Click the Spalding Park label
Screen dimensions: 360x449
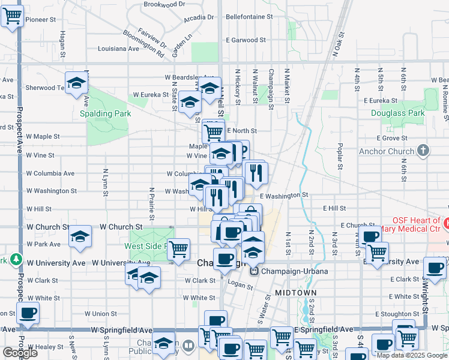105,113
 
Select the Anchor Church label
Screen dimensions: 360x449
387,151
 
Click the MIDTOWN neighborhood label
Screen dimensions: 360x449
295,292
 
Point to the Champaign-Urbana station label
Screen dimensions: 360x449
294,271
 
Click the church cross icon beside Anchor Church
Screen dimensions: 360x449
423,150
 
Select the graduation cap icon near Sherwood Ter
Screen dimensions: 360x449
77,84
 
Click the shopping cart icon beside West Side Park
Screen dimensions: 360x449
178,248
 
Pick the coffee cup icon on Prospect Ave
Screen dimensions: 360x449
28,313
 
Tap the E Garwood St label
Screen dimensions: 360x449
246,40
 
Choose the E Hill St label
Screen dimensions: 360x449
334,208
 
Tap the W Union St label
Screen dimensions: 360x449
101,313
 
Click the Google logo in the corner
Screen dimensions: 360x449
20,353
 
